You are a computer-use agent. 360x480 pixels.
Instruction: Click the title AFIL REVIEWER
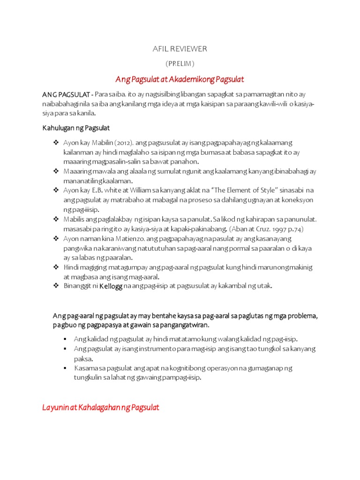pos(180,49)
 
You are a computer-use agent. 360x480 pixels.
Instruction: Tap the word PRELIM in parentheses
pos(180,63)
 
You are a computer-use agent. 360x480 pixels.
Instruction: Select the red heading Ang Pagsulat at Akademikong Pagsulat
pos(180,79)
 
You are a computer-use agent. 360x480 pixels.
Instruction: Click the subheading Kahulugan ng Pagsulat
pos(76,128)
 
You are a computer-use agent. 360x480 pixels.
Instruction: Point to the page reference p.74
pos(295,228)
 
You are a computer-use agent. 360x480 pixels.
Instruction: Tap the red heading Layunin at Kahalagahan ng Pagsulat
pos(101,407)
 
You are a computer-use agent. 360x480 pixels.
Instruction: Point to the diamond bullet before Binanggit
pos(55,285)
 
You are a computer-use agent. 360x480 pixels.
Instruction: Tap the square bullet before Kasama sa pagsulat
pos(66,368)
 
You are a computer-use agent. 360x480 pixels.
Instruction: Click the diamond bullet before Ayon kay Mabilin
pos(55,142)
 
